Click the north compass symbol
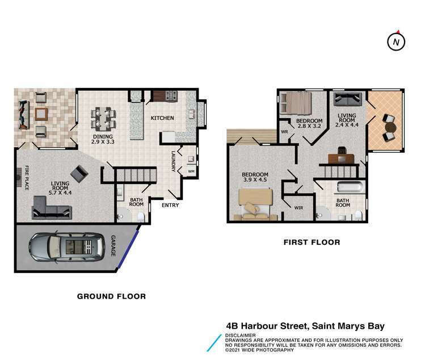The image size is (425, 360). tap(397, 41)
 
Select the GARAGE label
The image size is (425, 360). tap(113, 245)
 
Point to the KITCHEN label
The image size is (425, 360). tap(162, 118)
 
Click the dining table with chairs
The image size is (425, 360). tap(103, 118)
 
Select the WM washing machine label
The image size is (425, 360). tap(191, 171)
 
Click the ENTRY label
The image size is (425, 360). tap(170, 205)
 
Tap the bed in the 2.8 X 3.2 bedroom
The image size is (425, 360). tap(298, 103)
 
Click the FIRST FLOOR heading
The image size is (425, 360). tap(312, 242)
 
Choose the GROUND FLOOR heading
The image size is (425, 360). tap(111, 296)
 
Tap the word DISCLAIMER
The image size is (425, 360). tap(241, 336)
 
